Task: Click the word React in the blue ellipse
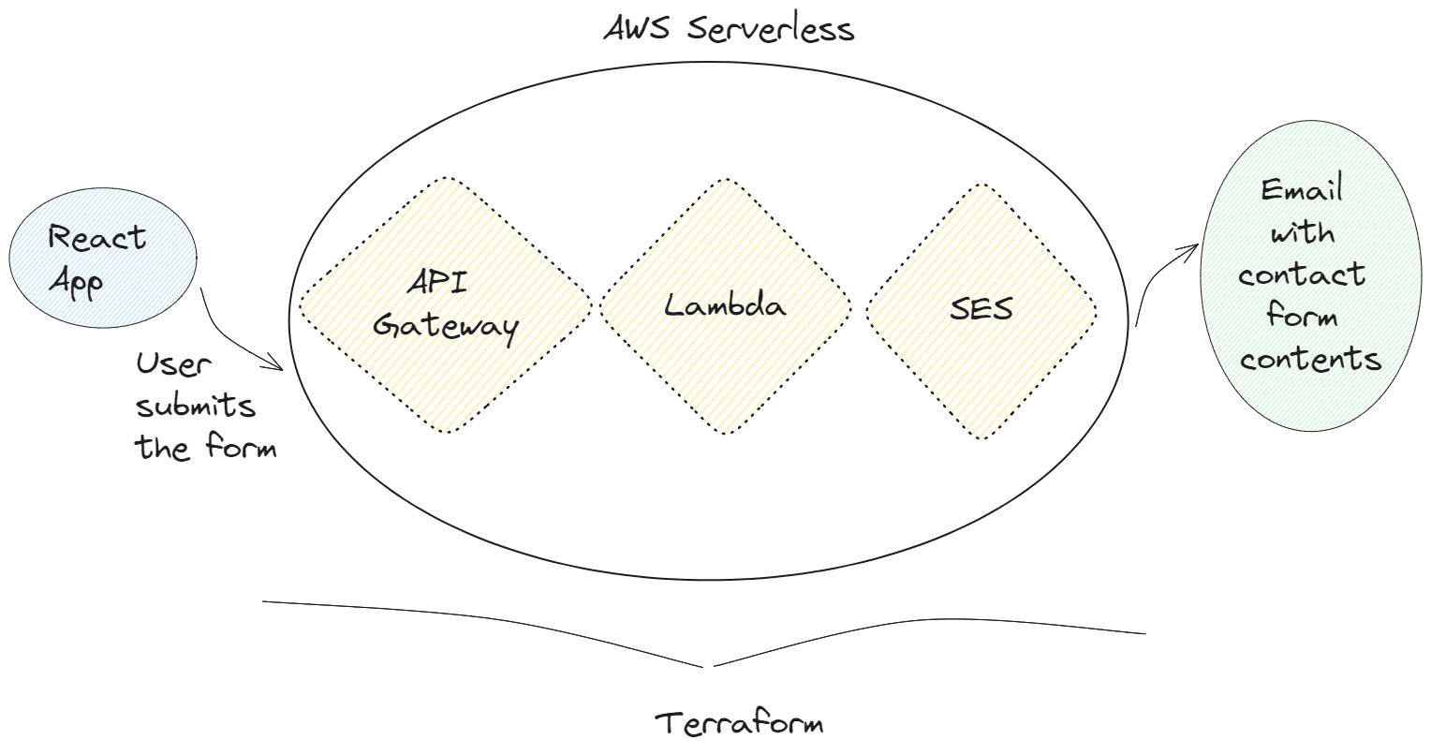click(x=96, y=238)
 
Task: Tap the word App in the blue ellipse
click(x=76, y=282)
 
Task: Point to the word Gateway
click(x=445, y=326)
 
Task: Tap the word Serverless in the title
click(x=771, y=28)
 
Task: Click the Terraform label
click(x=739, y=724)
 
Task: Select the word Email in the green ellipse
click(x=1302, y=190)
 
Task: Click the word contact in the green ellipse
click(x=1302, y=275)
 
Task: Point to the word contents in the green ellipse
click(x=1311, y=359)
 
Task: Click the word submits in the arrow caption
click(x=196, y=407)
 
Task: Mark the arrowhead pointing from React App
click(x=279, y=367)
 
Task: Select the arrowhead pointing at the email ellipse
click(x=1194, y=248)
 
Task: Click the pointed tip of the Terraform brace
click(x=708, y=667)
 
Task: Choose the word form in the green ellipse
click(x=1302, y=316)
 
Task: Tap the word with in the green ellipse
click(x=1302, y=231)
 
